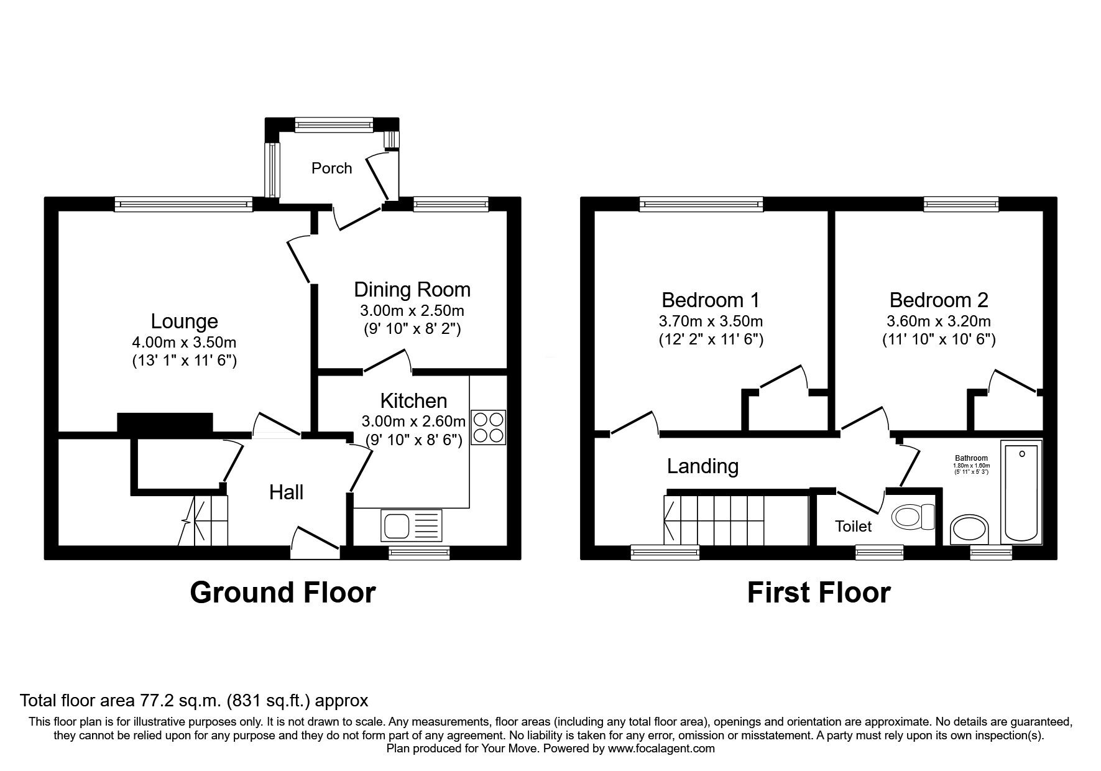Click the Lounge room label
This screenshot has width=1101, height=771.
pyautogui.click(x=184, y=321)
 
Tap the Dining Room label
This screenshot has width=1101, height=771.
pyautogui.click(x=412, y=290)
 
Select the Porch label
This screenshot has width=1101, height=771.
pyautogui.click(x=331, y=168)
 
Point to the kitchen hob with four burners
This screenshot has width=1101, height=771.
pyautogui.click(x=489, y=427)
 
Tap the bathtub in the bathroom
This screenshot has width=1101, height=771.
pyautogui.click(x=1021, y=492)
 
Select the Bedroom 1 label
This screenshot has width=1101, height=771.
pyautogui.click(x=711, y=300)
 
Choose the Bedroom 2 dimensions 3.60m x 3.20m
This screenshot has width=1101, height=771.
pyautogui.click(x=939, y=321)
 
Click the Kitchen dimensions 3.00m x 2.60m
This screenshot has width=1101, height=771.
pyautogui.click(x=413, y=422)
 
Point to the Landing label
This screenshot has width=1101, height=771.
pyautogui.click(x=703, y=466)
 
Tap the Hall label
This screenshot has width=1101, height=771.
pyautogui.click(x=286, y=492)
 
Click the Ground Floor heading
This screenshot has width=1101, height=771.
pyautogui.click(x=283, y=593)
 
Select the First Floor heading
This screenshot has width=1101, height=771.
pyautogui.click(x=819, y=593)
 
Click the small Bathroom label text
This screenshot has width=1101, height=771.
pyautogui.click(x=972, y=458)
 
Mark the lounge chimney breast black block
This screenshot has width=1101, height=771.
pyautogui.click(x=165, y=422)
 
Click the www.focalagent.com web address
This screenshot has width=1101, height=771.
pyautogui.click(x=661, y=749)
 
